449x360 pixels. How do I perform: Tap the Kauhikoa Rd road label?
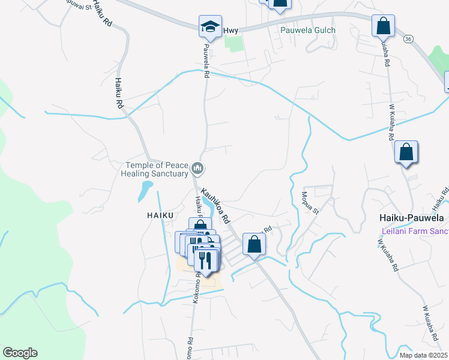[x=216, y=205]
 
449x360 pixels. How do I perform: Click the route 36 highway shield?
[x=408, y=39]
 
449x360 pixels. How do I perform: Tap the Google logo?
[x=20, y=353]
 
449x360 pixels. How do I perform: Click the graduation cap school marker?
[x=210, y=26]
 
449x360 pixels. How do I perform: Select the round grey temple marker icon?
[x=198, y=170]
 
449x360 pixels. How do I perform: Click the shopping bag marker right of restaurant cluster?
[x=254, y=244]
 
